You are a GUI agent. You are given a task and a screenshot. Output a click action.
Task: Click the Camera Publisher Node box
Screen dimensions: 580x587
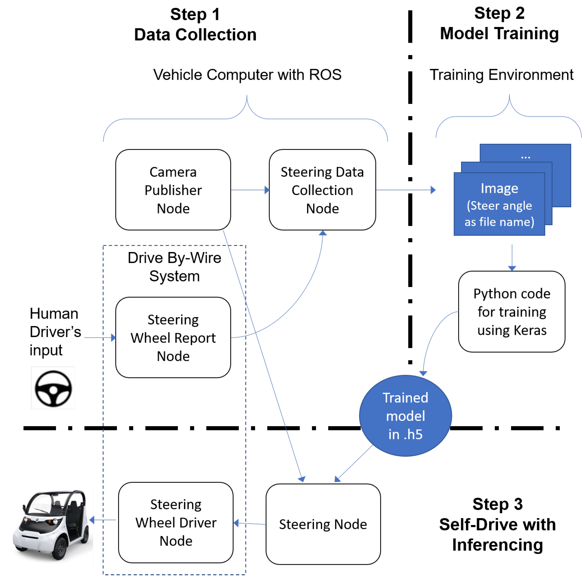pos(173,190)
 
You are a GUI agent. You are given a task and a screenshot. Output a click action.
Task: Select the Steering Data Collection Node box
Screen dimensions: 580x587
pos(322,190)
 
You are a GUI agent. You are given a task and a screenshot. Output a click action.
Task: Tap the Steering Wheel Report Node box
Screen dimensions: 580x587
pos(173,337)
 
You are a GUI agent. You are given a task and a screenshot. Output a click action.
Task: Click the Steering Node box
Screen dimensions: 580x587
pos(323,524)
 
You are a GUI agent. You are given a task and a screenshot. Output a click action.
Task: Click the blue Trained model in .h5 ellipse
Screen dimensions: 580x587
pos(405,415)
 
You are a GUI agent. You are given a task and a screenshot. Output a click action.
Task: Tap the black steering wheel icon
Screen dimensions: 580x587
pos(53,388)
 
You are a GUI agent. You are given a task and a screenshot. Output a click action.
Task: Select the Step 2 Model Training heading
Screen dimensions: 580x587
pos(499,23)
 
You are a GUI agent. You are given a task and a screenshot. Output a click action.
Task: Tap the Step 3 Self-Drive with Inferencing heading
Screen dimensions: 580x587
pos(497,524)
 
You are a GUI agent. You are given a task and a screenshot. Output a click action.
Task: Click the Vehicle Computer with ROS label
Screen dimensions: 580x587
pos(247,75)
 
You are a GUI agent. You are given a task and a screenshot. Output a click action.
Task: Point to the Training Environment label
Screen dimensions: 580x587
pos(501,75)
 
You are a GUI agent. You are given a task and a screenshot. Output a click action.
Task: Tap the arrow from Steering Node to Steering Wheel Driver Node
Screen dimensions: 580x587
pos(250,523)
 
